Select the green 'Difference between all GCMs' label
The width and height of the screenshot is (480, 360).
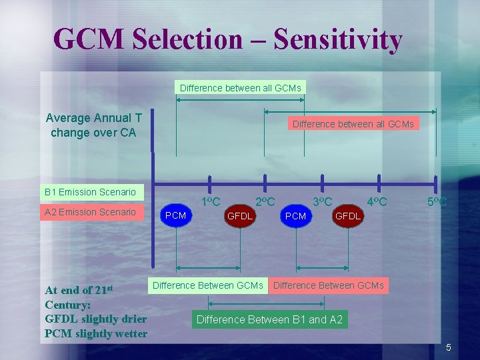[x=240, y=87]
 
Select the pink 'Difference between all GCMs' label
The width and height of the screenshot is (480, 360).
[x=353, y=124]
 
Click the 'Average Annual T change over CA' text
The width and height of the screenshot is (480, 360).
[x=93, y=125]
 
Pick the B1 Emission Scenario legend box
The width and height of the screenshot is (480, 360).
[x=90, y=192]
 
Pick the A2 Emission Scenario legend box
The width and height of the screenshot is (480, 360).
[x=90, y=212]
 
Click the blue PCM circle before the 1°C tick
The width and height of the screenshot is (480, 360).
[x=176, y=215]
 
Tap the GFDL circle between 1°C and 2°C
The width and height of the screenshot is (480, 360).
[x=240, y=216]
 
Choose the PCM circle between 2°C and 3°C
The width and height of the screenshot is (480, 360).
[x=295, y=216]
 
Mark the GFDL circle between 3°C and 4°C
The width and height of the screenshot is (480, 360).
[x=347, y=216]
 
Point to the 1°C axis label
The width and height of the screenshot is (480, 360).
[x=211, y=201]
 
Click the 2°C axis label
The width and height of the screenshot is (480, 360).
[x=266, y=201]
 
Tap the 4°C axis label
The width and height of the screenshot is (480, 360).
[x=377, y=201]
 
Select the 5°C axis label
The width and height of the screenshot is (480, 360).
[x=437, y=201]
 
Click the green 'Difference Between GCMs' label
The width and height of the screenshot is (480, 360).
[x=208, y=285]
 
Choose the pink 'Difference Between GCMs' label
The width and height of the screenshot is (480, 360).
[x=329, y=285]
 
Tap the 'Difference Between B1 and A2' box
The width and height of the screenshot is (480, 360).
[x=269, y=320]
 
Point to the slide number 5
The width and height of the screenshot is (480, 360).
[x=449, y=347]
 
